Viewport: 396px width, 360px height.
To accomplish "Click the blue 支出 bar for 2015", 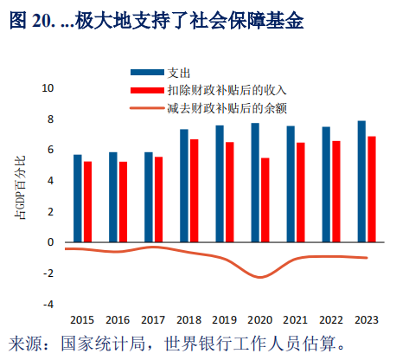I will coord(78,198).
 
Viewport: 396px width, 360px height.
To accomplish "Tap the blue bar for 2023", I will coord(361,182).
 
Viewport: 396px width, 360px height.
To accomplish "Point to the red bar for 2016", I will coord(124,202).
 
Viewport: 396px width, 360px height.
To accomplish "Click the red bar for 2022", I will coord(336,191).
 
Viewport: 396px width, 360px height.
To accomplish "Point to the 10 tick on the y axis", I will coord(48,88).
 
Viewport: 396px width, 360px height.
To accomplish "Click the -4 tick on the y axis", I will coord(48,304).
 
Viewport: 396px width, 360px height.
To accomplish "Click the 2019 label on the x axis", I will coord(225,318).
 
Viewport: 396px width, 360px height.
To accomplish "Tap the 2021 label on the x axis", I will coord(296,318).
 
